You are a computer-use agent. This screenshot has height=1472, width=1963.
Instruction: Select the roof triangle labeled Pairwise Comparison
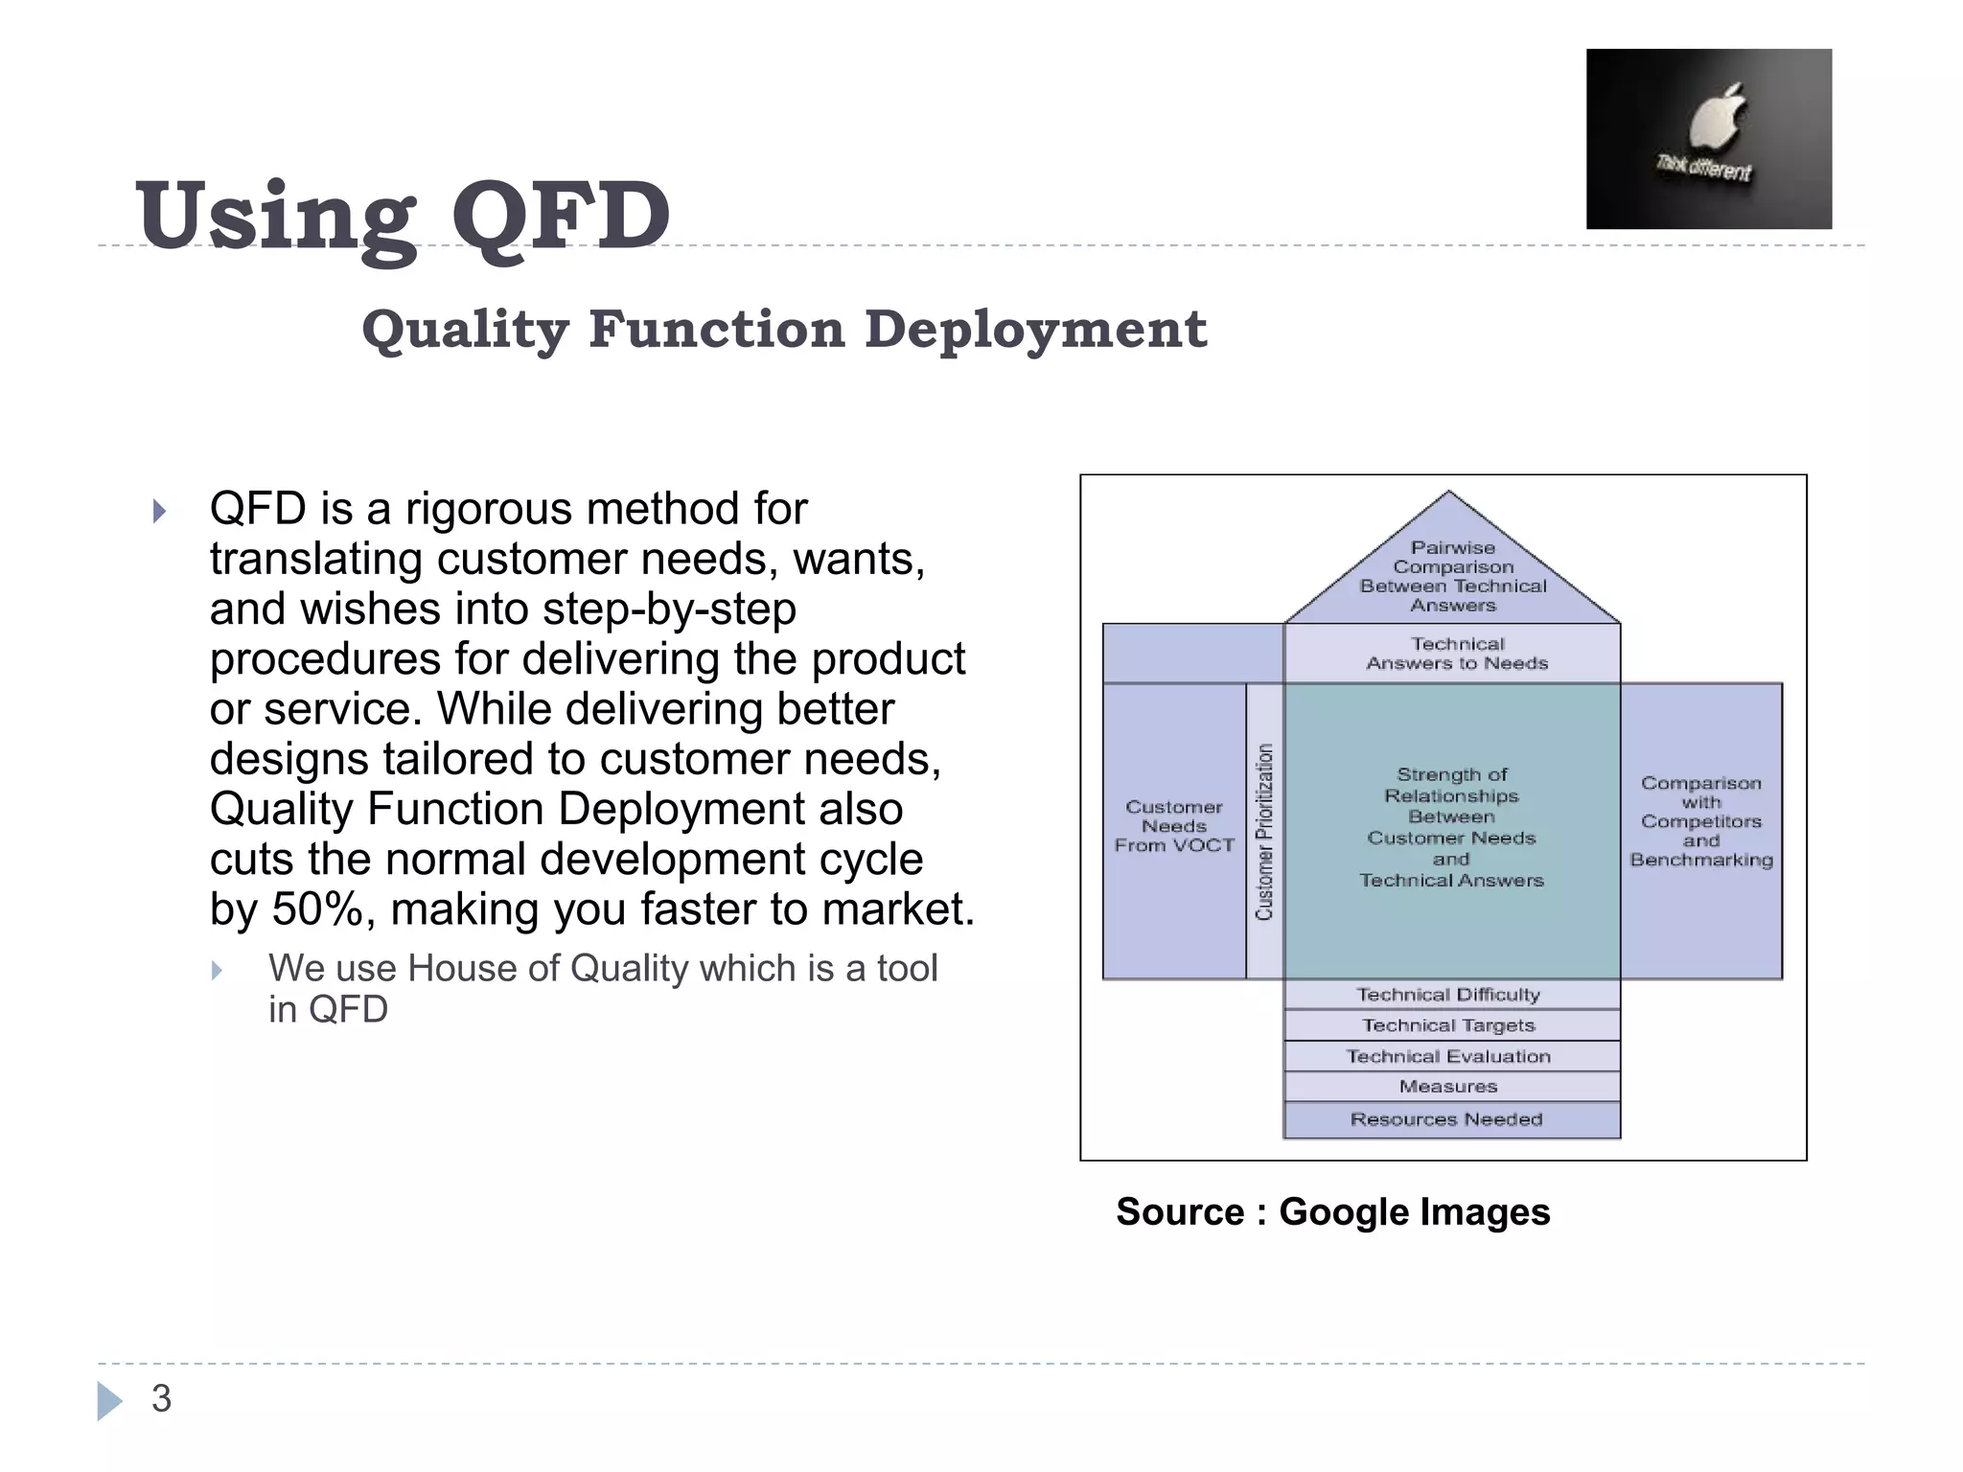1452,576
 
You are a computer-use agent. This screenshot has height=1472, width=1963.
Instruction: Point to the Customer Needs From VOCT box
1173,827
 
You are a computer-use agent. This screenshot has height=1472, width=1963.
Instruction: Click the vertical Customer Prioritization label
1264,831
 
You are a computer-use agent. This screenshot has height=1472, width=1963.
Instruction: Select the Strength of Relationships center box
1451,827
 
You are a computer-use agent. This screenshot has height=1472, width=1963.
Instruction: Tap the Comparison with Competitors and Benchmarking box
1701,822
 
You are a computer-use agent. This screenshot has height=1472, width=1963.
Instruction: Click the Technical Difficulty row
1448,995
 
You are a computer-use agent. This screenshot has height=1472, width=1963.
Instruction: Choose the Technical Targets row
1448,1025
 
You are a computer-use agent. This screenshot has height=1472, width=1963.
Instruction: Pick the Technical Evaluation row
1448,1056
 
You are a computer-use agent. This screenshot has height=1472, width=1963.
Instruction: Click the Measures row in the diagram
1448,1087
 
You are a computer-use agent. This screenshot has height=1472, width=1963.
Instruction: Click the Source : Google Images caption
1332,1212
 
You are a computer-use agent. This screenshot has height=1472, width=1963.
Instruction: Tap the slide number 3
161,1399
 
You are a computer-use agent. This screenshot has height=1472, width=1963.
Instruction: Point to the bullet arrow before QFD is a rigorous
160,511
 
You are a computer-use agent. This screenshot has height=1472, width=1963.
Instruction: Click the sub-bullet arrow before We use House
218,971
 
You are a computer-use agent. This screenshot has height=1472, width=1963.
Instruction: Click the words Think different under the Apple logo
1703,169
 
